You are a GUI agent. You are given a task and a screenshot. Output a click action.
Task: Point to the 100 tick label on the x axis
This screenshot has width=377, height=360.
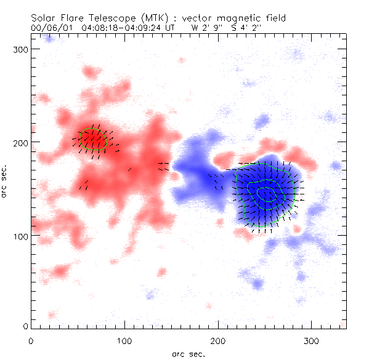[124, 340]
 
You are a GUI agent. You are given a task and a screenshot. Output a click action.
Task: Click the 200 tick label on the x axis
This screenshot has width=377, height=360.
[218, 340]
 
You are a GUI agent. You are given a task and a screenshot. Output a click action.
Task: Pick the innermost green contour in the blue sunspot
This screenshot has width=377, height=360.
[267, 194]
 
